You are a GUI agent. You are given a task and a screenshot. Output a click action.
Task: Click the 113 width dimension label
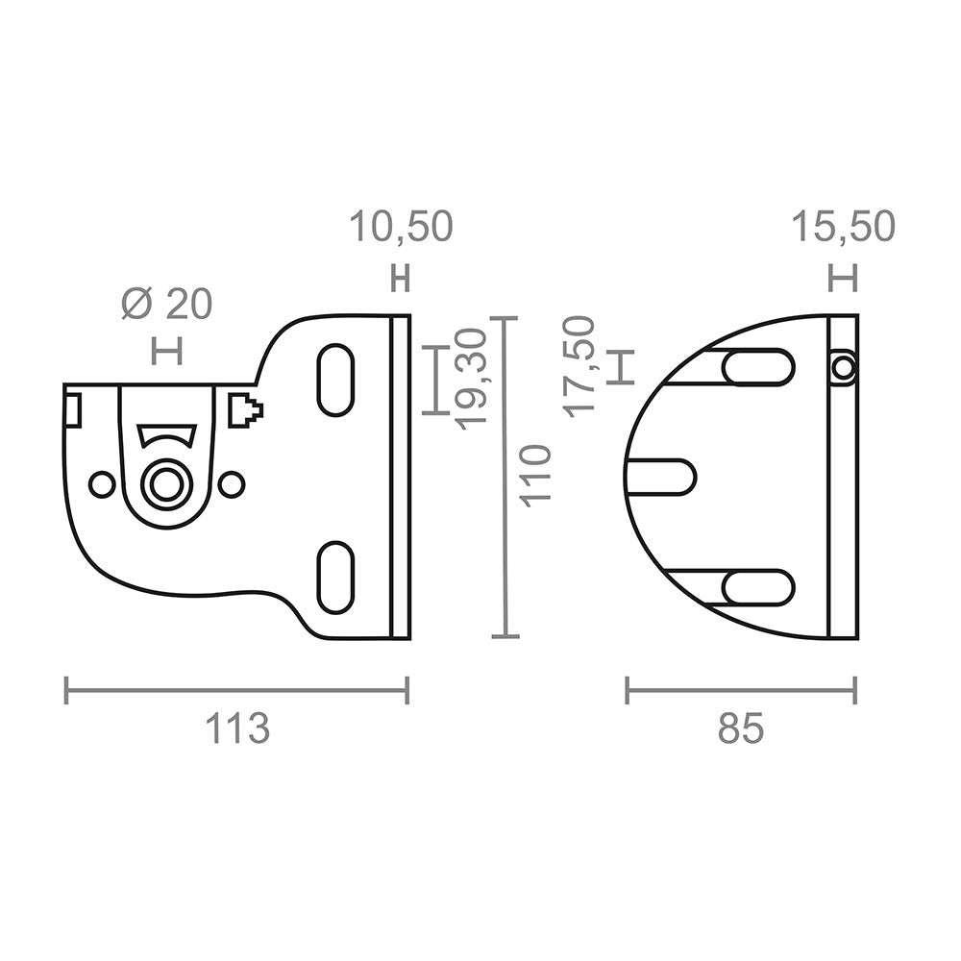coord(237,728)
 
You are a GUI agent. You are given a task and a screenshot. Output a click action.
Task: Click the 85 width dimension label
coord(741,728)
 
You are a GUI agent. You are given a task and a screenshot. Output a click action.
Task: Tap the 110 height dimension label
coord(535,477)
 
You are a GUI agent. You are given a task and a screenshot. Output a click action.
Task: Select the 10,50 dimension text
coord(401,226)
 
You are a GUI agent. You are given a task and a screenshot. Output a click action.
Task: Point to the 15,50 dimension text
coord(844,226)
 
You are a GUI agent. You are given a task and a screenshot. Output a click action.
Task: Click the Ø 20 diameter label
coord(166,304)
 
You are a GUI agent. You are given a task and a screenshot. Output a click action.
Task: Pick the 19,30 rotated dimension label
coord(472,379)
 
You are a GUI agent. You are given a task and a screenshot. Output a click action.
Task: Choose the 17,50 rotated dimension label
coord(580,366)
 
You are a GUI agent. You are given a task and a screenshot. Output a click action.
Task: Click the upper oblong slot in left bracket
coord(335,380)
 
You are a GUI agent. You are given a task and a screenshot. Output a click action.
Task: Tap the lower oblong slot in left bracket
coord(335,577)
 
